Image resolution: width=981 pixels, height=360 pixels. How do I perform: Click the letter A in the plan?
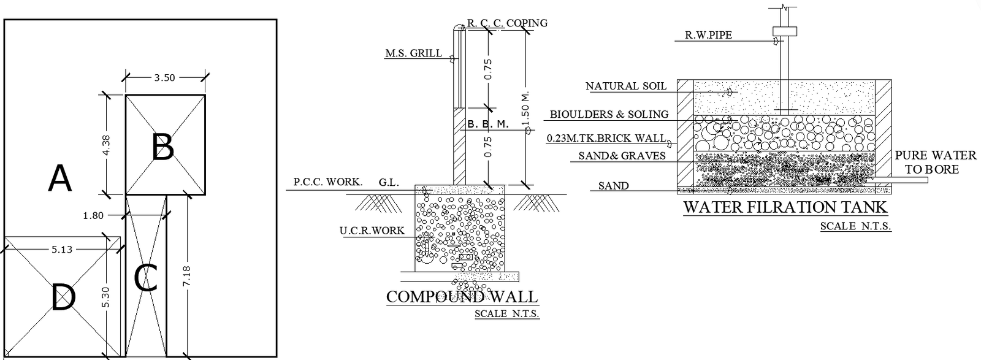[x=60, y=179]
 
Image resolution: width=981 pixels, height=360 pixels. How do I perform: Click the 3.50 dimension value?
[x=164, y=77]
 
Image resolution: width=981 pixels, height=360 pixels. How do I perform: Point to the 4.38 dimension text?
[x=106, y=145]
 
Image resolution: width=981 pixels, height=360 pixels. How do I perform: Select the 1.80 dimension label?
[x=93, y=215]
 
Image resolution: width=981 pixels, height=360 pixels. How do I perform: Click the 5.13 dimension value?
[x=61, y=249]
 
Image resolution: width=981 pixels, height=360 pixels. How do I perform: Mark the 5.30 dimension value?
[x=107, y=297]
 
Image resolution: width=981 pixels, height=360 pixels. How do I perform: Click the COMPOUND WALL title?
[x=462, y=297]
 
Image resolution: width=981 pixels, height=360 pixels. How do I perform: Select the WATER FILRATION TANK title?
[x=785, y=207]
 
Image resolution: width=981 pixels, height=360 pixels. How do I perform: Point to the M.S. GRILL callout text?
[x=413, y=53]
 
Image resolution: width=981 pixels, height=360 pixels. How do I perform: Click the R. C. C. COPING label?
[x=507, y=23]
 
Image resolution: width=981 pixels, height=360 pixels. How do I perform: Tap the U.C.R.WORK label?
[x=372, y=231]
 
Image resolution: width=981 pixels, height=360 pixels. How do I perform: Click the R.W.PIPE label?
[x=708, y=36]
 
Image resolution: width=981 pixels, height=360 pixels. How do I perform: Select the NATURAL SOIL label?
[x=625, y=86]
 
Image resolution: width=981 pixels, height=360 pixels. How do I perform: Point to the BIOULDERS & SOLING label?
[x=609, y=114]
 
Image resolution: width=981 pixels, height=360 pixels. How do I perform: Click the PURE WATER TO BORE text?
[x=935, y=162]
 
